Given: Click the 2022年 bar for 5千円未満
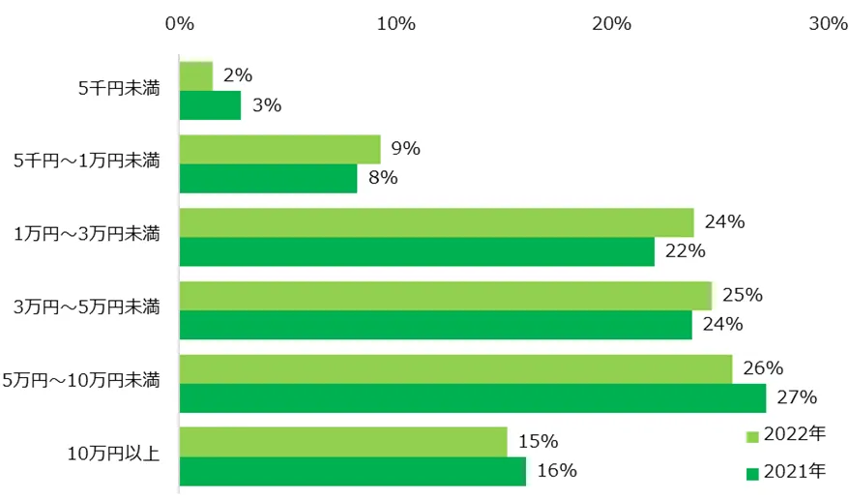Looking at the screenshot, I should (x=196, y=75).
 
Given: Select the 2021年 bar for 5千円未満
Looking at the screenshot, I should (x=210, y=104).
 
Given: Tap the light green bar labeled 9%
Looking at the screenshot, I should (x=279, y=149).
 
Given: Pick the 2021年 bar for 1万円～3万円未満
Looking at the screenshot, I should (x=417, y=251).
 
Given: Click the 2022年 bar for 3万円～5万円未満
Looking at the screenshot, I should (x=445, y=296).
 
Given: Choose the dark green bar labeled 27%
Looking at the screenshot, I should (x=472, y=397).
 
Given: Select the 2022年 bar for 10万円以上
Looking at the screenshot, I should (x=343, y=442).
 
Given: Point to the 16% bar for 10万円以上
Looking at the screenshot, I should (x=353, y=471).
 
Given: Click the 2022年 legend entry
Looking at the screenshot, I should (x=787, y=435).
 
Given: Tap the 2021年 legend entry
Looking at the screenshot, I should (x=787, y=472).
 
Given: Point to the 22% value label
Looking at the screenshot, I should (x=685, y=251).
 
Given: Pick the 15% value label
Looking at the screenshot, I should (x=538, y=442).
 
